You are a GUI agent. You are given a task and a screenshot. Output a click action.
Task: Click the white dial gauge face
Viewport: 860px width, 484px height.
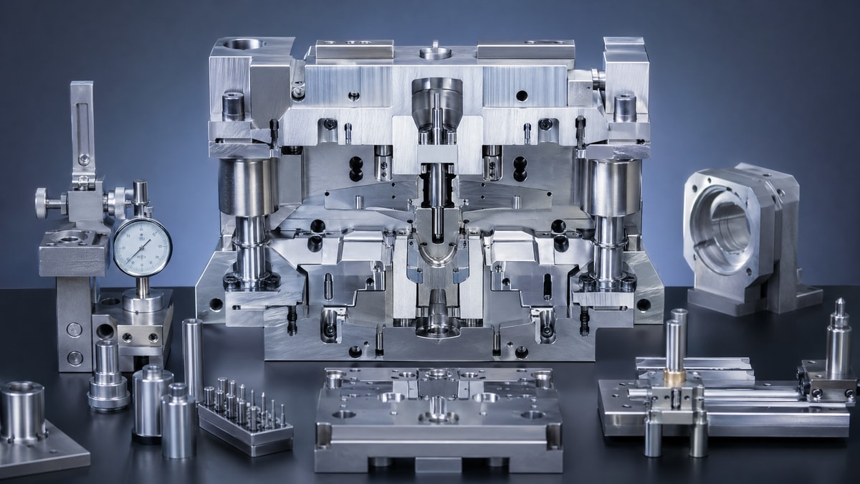tap(142, 247)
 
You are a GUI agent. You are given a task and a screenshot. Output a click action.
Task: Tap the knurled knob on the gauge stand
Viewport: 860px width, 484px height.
tap(42, 203)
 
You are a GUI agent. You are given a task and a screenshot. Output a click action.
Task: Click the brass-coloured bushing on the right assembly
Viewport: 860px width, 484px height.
tap(674, 377)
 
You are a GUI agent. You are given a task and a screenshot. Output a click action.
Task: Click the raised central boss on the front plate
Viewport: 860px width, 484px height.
tap(438, 409)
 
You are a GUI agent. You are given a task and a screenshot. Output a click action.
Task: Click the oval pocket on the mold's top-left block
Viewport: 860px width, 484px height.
tap(243, 44)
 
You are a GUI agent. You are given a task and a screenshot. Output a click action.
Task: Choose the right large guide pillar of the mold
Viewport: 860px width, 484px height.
tap(608, 215)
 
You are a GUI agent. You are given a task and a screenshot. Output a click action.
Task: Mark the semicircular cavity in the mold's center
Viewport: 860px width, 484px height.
tap(437, 255)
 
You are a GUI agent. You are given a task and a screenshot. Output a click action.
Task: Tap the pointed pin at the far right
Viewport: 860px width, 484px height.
tap(838, 337)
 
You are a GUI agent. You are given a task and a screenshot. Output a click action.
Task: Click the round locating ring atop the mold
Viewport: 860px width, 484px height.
tap(435, 52)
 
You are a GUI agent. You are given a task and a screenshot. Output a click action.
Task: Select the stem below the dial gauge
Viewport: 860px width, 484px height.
tap(143, 287)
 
